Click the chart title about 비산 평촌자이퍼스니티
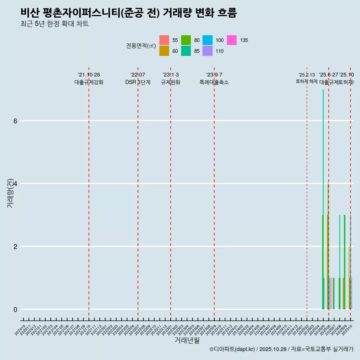(x=129, y=13)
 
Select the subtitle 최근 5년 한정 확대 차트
(x=54, y=24)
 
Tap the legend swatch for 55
(x=164, y=40)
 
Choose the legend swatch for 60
(x=164, y=51)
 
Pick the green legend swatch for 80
(x=186, y=40)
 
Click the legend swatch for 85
(x=186, y=51)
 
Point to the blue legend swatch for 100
(x=208, y=40)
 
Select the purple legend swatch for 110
(x=208, y=51)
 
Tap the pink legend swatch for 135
(x=232, y=40)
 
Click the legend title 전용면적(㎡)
(x=141, y=46)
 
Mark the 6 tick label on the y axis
(x=15, y=121)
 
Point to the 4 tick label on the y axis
(x=15, y=184)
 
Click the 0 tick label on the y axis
(x=15, y=309)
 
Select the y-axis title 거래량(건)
(x=10, y=193)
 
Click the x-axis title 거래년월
(x=187, y=340)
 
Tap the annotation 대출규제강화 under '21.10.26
(x=89, y=82)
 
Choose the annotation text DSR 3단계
(x=138, y=82)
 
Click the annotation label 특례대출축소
(x=214, y=82)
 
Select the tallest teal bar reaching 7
(x=323, y=199)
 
